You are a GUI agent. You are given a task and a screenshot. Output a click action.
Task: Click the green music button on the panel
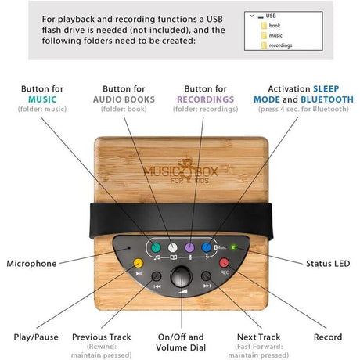pyautogui.click(x=156, y=247)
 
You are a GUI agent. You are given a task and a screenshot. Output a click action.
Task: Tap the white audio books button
pyautogui.click(x=172, y=247)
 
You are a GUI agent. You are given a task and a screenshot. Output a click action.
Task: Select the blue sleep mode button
pyautogui.click(x=207, y=247)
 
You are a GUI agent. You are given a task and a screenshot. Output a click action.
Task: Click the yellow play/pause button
pyautogui.click(x=139, y=263)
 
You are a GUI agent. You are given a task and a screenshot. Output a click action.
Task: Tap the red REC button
pyautogui.click(x=224, y=263)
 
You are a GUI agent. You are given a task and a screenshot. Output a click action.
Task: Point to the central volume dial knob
pyautogui.click(x=182, y=277)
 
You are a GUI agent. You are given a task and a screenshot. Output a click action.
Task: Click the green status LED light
pyautogui.click(x=233, y=247)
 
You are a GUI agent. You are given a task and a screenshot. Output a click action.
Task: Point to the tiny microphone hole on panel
pyautogui.click(x=128, y=247)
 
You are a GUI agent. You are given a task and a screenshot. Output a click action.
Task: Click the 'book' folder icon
pyautogui.click(x=264, y=26)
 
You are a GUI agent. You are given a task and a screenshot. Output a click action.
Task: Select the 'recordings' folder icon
pyautogui.click(x=264, y=45)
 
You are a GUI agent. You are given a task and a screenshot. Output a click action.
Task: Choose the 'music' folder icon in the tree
pyautogui.click(x=264, y=35)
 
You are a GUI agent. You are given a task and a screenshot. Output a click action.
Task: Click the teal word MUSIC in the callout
pyautogui.click(x=42, y=99)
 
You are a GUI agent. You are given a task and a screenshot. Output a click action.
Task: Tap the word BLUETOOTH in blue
pyautogui.click(x=327, y=99)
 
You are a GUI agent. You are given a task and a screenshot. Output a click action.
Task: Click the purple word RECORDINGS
pyautogui.click(x=206, y=99)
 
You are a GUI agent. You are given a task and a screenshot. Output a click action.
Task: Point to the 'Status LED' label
pyautogui.click(x=328, y=264)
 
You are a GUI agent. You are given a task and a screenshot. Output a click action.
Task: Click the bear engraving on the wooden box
pyautogui.click(x=186, y=170)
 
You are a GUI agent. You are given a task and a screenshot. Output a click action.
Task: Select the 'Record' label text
pyautogui.click(x=328, y=337)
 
